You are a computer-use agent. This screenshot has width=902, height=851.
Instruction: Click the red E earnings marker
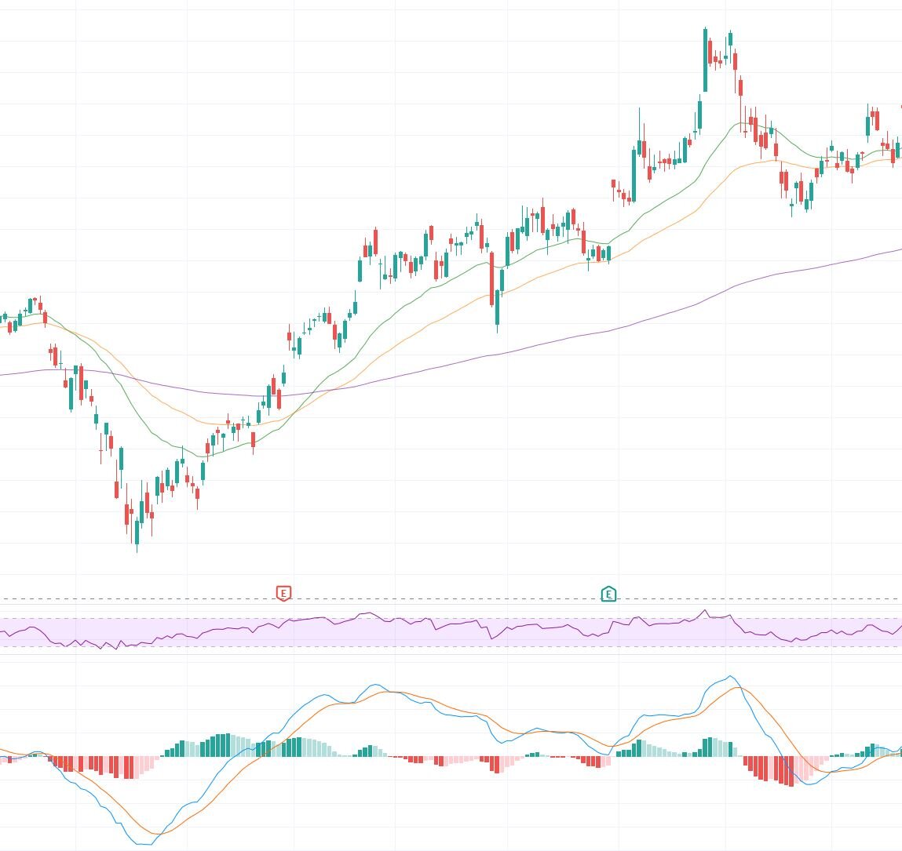point(284,593)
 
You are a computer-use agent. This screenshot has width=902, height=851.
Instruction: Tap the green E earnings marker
point(608,595)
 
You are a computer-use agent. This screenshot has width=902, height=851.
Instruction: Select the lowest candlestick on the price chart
point(137,533)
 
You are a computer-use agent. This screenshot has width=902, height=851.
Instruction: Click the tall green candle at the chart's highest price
point(705,60)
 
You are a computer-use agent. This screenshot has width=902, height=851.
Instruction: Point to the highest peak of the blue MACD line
point(730,676)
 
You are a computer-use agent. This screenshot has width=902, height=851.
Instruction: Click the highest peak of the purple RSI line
point(704,610)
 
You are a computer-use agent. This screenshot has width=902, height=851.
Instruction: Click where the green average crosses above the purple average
point(312,391)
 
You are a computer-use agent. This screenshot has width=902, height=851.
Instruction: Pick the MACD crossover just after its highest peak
point(742,688)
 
